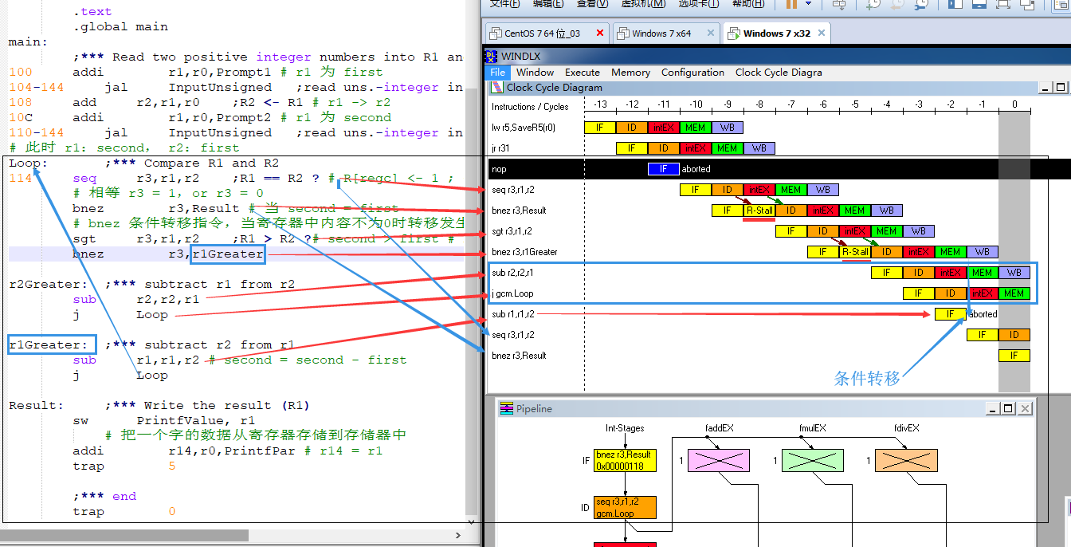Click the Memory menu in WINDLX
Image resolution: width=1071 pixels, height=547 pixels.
pyautogui.click(x=630, y=72)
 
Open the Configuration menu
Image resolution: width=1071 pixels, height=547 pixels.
pyautogui.click(x=692, y=72)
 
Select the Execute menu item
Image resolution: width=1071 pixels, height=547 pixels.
pyautogui.click(x=583, y=72)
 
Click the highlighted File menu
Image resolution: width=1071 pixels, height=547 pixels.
pyautogui.click(x=497, y=72)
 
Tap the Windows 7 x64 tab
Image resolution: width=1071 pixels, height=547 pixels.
pyautogui.click(x=661, y=33)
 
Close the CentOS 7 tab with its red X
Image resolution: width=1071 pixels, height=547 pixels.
pyautogui.click(x=599, y=33)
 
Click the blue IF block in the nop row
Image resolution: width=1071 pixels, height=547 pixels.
pyautogui.click(x=663, y=169)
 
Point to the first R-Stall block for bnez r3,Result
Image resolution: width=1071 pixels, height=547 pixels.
pyautogui.click(x=759, y=211)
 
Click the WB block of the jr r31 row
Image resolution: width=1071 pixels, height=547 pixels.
pyautogui.click(x=759, y=148)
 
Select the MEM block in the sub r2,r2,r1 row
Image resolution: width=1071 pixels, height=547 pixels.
pyautogui.click(x=982, y=273)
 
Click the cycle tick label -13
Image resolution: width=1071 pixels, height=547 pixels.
pyautogui.click(x=600, y=104)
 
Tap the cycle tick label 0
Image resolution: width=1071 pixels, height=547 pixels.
pyautogui.click(x=1014, y=104)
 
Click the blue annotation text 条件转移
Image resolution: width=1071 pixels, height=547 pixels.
pyautogui.click(x=867, y=378)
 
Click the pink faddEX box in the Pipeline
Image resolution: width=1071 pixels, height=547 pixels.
pyautogui.click(x=718, y=461)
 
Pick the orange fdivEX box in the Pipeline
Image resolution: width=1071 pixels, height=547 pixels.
pyautogui.click(x=906, y=461)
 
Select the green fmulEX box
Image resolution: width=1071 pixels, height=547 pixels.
pyautogui.click(x=812, y=461)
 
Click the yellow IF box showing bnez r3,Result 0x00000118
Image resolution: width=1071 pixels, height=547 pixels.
pyautogui.click(x=625, y=460)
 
